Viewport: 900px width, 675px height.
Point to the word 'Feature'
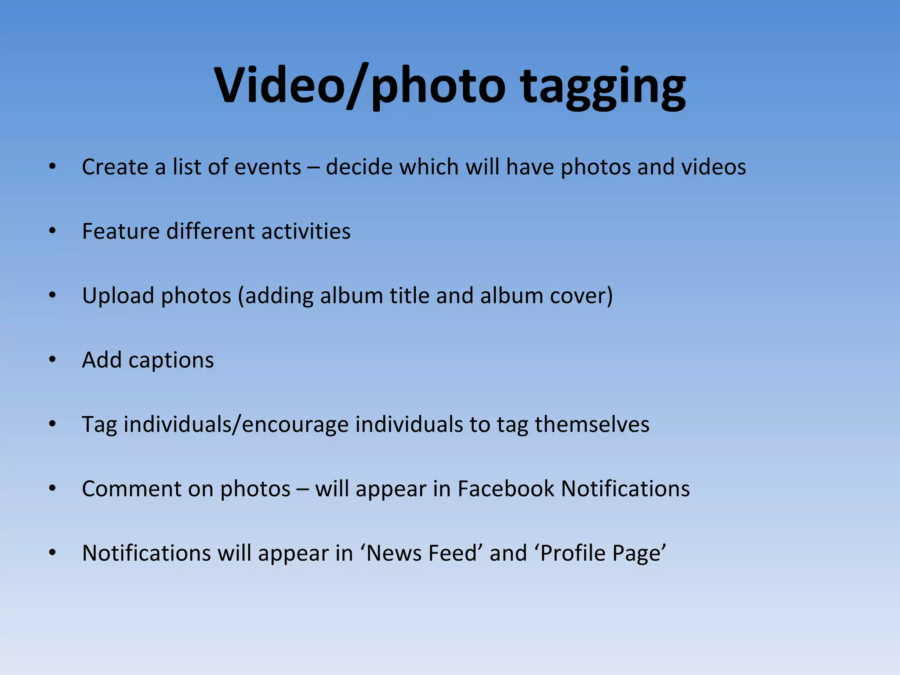coord(120,231)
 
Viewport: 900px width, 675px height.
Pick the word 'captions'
coord(171,360)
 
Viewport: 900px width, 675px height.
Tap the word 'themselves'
coord(592,425)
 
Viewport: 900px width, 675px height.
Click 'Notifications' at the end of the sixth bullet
coord(625,489)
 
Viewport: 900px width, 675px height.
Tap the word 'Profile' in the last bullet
coord(570,553)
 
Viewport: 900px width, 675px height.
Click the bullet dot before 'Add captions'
coord(53,360)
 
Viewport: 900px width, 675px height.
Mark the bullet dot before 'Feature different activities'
coord(53,231)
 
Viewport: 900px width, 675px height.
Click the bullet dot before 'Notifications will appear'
coord(53,553)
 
